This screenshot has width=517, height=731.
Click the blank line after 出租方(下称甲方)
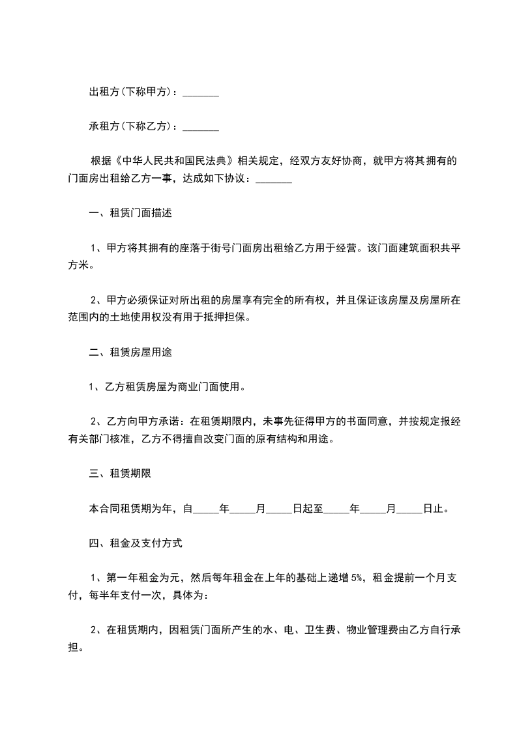(x=200, y=94)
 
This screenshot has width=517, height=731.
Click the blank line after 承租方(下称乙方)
(x=200, y=126)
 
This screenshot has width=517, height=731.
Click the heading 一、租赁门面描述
(x=130, y=213)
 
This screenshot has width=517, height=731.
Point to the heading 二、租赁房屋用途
(x=130, y=352)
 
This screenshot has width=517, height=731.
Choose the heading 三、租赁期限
(x=120, y=474)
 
